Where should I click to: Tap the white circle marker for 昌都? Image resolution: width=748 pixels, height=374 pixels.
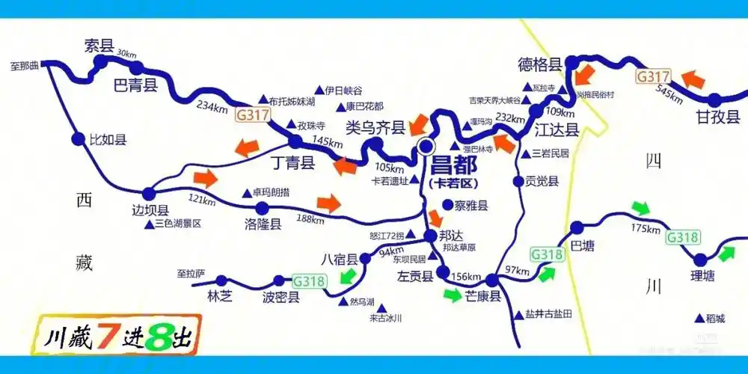[426, 147]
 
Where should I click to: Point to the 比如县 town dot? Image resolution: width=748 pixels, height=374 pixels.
[78, 138]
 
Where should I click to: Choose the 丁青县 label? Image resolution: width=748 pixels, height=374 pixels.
[291, 160]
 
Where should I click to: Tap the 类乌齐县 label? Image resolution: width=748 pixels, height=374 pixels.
[375, 128]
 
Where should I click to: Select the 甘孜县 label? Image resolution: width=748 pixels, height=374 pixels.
[718, 117]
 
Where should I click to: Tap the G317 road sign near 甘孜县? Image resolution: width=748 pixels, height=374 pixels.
[653, 76]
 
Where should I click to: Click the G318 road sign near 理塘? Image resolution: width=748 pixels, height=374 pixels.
[683, 238]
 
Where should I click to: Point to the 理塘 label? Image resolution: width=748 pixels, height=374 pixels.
[702, 276]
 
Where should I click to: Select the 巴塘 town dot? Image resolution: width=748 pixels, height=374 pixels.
[577, 227]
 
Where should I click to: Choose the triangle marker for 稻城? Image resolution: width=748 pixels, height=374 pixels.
[699, 318]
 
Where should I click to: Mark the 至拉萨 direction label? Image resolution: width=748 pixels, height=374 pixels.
[191, 273]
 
